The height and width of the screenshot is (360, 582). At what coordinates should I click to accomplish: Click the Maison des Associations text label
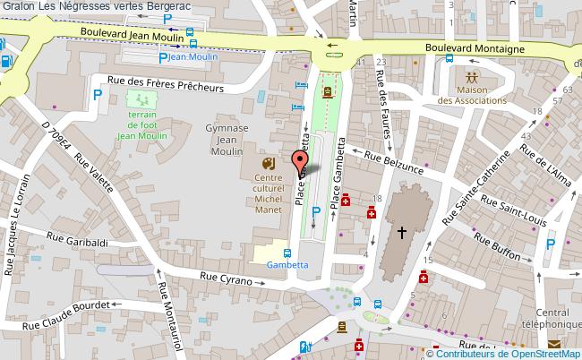472,95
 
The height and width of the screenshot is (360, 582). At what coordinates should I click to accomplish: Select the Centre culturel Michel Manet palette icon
267,164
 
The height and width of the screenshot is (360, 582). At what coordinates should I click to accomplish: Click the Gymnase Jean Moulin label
227,141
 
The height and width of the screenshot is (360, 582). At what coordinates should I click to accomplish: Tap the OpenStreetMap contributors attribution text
509,353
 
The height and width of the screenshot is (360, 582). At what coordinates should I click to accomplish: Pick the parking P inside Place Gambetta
315,210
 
